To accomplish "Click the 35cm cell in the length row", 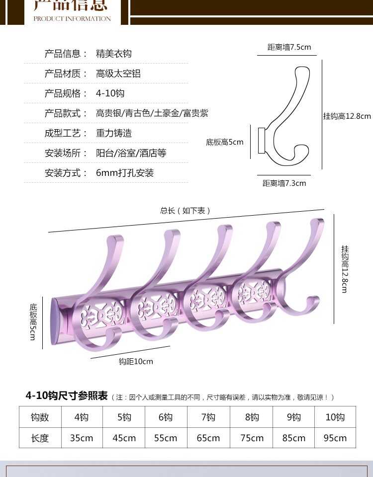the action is click(82, 438).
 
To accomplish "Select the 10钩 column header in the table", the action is click(335, 417).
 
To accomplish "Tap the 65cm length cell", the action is click(208, 438).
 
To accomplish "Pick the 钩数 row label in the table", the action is click(40, 417).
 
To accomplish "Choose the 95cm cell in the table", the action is click(335, 438).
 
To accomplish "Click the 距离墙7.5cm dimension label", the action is click(289, 47).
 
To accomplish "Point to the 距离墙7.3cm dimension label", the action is click(284, 183).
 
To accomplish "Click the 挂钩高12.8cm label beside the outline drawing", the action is click(347, 116).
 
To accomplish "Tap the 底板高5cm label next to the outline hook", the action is click(225, 142).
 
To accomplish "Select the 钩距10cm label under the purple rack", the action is click(136, 361).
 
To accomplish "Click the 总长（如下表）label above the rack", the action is click(186, 211).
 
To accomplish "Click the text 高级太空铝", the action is click(118, 74).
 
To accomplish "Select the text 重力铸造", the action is click(114, 133).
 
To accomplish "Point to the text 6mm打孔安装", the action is click(125, 173).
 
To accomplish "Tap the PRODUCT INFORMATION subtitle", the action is click(72, 19).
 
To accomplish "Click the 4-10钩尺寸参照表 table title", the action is click(67, 396).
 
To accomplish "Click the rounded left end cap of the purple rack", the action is click(56, 321).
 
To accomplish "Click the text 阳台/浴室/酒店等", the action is click(131, 153).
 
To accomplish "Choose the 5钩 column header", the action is click(124, 417).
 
